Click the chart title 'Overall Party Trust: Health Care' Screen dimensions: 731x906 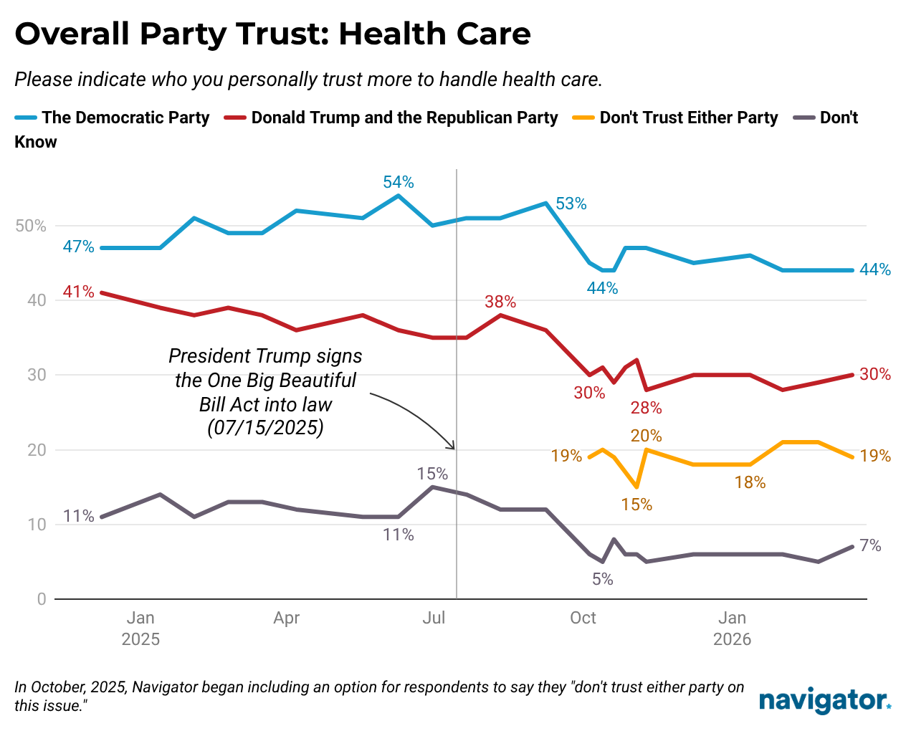pos(272,34)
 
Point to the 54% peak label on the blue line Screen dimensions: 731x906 pos(399,182)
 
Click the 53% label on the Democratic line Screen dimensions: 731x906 pos(571,204)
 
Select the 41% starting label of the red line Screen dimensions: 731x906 pos(78,292)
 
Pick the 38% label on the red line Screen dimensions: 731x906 pos(500,302)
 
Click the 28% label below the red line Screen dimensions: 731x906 pos(646,408)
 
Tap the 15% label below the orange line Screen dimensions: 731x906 pos(636,505)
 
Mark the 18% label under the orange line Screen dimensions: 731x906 pos(750,482)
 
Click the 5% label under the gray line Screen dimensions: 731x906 pos(602,579)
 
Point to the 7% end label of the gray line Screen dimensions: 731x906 pos(870,545)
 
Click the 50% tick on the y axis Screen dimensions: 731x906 pos(31,226)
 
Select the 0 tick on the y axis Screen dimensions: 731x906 pos(42,599)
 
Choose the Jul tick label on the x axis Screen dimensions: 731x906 pos(434,618)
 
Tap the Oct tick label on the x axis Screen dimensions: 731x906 pos(583,618)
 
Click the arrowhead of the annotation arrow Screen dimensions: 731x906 pos(453,448)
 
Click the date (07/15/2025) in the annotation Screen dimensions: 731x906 pos(265,429)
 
